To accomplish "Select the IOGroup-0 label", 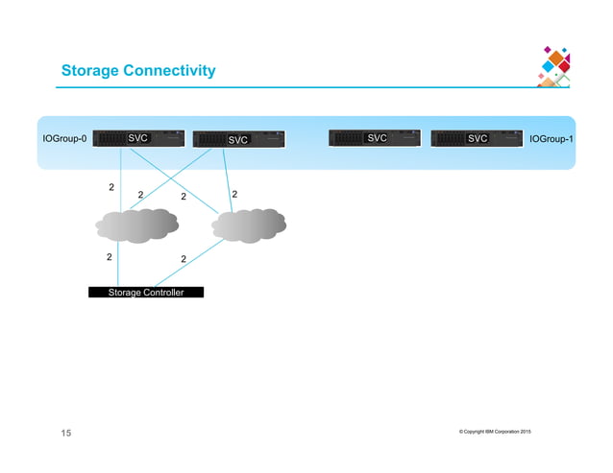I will pos(64,139).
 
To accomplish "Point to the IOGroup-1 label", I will pos(552,139).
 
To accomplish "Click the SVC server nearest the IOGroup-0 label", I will pos(138,138).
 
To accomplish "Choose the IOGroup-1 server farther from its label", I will pos(376,138).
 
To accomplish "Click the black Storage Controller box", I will pos(146,292).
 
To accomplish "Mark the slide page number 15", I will pos(66,435).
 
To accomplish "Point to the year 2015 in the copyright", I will pos(526,431).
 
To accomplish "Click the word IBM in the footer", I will pos(477,431).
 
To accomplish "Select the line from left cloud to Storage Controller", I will pos(119,264).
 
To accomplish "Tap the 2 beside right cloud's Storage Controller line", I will pos(183,259).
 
